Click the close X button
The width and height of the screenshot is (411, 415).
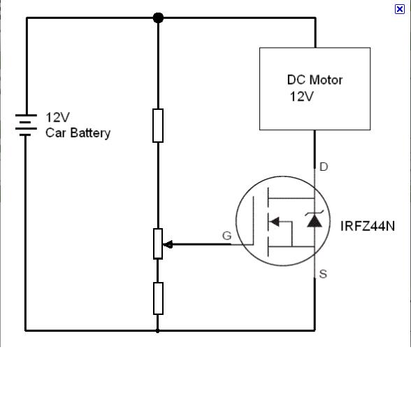pyautogui.click(x=400, y=9)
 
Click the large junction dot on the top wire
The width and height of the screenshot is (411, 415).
pyautogui.click(x=158, y=17)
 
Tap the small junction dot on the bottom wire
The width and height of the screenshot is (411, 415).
pyautogui.click(x=157, y=331)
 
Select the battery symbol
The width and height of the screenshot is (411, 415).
pyautogui.click(x=26, y=125)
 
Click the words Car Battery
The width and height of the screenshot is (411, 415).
pyautogui.click(x=78, y=133)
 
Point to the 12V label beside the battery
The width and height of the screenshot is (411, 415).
pyautogui.click(x=57, y=118)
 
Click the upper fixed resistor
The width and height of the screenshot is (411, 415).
pyautogui.click(x=158, y=125)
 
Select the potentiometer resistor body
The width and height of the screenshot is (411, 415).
pyautogui.click(x=158, y=244)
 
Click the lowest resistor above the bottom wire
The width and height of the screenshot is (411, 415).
pyautogui.click(x=158, y=299)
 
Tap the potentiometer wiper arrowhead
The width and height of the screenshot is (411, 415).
pyautogui.click(x=168, y=244)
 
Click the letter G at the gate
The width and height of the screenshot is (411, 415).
pyautogui.click(x=227, y=236)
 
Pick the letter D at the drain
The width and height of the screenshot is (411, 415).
pyautogui.click(x=324, y=167)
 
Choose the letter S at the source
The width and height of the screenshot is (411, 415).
pyautogui.click(x=323, y=274)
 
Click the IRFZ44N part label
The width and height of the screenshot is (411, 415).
pyautogui.click(x=368, y=226)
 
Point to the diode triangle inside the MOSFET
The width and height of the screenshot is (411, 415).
pyautogui.click(x=315, y=221)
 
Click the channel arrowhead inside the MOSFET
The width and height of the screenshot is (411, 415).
pyautogui.click(x=275, y=222)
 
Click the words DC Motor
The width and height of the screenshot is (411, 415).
pyautogui.click(x=315, y=80)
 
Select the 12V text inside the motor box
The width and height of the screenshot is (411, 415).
pyautogui.click(x=301, y=97)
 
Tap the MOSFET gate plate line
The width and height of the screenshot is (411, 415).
pyautogui.click(x=253, y=220)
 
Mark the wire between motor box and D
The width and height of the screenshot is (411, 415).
pyautogui.click(x=315, y=149)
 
